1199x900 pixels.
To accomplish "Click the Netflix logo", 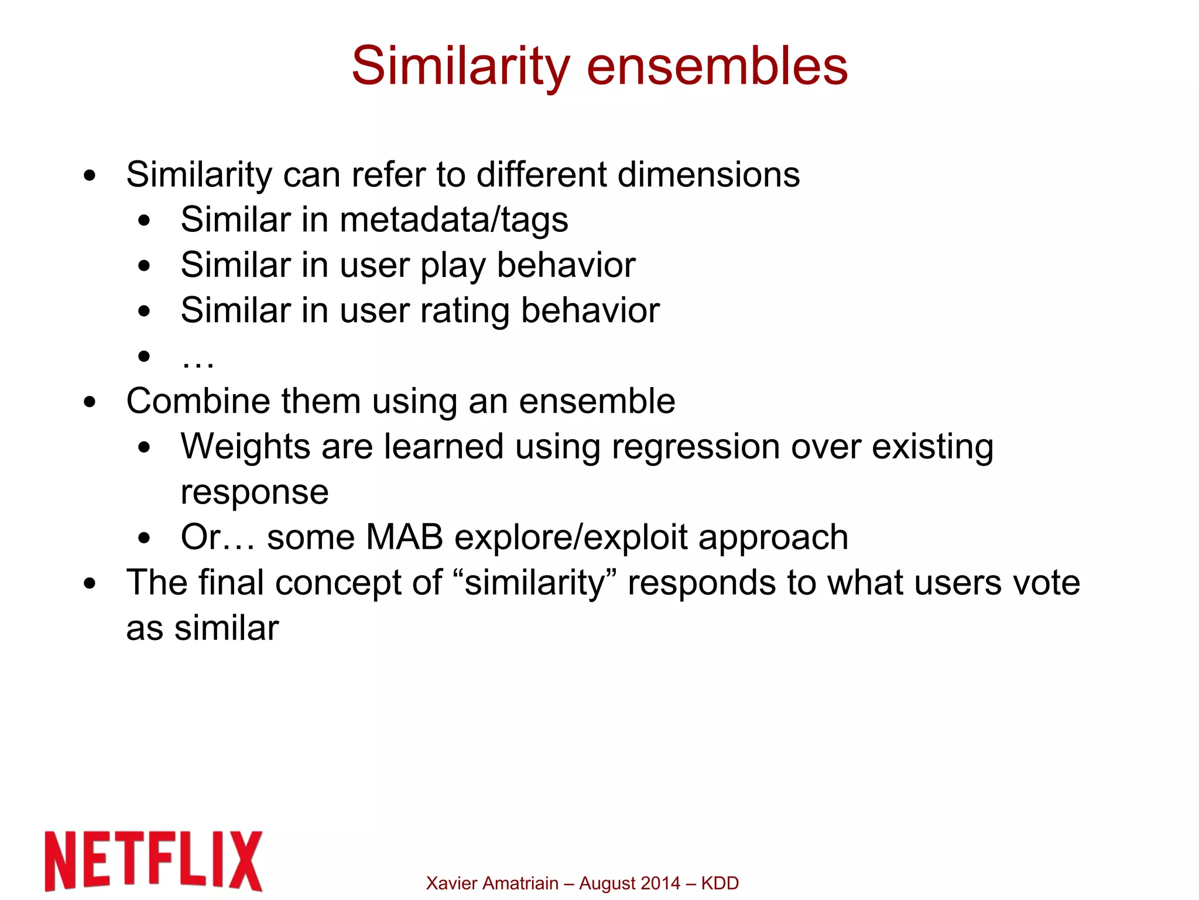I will pos(153,861).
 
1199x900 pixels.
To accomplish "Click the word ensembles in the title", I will pos(717,66).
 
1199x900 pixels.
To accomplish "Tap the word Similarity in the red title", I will pos(460,66).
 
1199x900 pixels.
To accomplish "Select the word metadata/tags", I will pos(454,220).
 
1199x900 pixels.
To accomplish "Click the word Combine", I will pos(197,402).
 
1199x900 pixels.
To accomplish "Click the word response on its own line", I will pos(254,492).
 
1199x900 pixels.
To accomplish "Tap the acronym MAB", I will pos(404,538).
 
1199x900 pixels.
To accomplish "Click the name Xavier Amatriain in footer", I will pos(492,883).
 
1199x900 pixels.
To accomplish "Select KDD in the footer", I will pos(720,883).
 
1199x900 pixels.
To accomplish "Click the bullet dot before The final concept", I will pos(90,583).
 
